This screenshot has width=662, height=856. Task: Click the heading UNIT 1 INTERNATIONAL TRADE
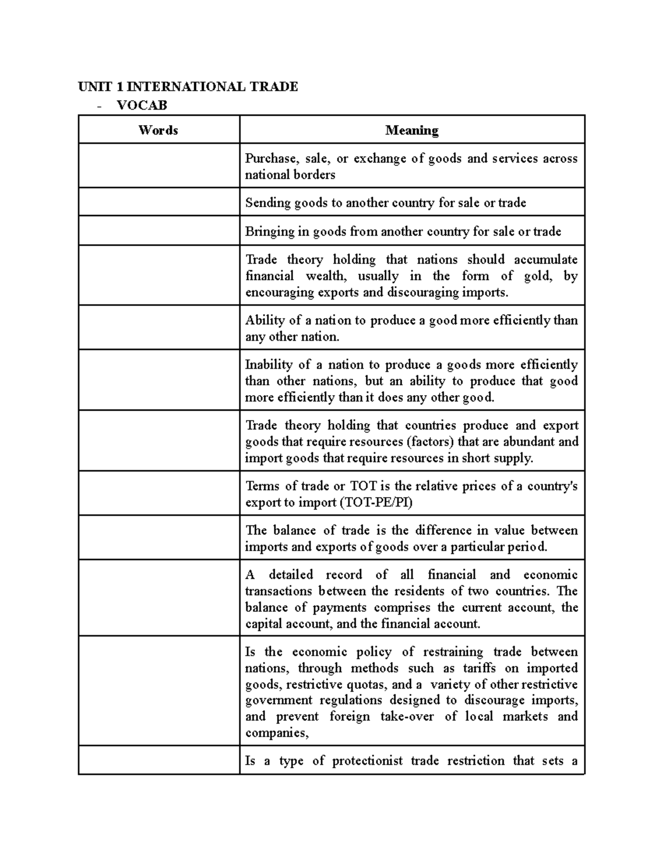pyautogui.click(x=188, y=87)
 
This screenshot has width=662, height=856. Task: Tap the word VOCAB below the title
pyautogui.click(x=142, y=105)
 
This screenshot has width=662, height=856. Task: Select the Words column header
pyautogui.click(x=158, y=130)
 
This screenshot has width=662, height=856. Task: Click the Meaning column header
pyautogui.click(x=412, y=130)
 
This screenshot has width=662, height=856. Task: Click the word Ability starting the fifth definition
pyautogui.click(x=265, y=320)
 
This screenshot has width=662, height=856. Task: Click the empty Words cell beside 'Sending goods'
pyautogui.click(x=159, y=202)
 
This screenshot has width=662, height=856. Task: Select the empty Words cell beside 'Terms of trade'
pyautogui.click(x=159, y=493)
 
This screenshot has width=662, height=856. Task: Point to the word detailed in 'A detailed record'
pyautogui.click(x=291, y=574)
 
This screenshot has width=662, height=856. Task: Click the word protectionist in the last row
pyautogui.click(x=367, y=761)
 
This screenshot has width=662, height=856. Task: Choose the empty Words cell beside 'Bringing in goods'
pyautogui.click(x=159, y=230)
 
